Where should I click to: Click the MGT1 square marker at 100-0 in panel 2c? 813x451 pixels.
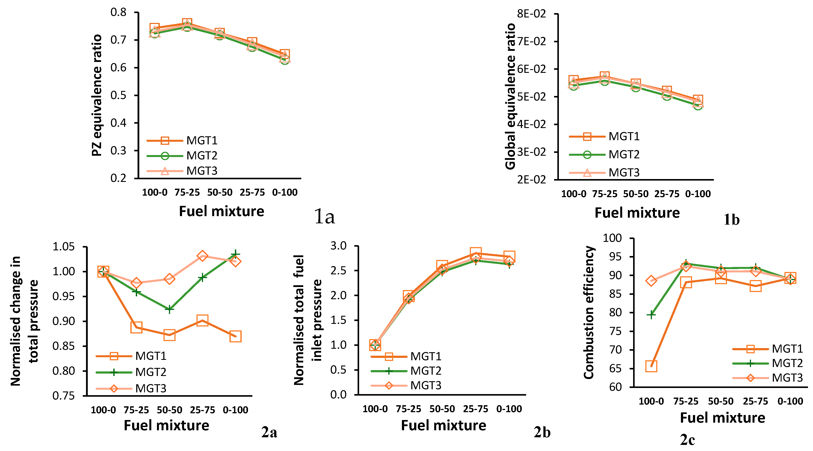coord(651,366)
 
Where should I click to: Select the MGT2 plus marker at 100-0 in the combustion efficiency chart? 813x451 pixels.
coord(651,314)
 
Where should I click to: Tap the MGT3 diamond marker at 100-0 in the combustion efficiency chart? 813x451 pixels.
coord(651,280)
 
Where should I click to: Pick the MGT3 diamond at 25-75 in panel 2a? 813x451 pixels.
coord(202,256)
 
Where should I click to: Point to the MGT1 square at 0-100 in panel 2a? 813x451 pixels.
coord(235,336)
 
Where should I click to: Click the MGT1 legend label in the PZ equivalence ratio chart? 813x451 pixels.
coord(202,141)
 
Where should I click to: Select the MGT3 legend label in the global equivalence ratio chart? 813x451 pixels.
coord(624,173)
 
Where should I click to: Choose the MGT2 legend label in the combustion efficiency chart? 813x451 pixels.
coord(787,363)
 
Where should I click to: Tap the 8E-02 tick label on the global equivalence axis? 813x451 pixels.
coord(531,14)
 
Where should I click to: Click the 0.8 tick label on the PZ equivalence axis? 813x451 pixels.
coord(118,13)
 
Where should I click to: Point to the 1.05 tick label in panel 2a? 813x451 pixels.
coord(64,247)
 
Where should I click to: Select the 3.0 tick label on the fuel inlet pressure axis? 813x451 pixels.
coord(338,246)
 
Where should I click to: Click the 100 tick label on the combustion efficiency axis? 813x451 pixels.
coord(612,238)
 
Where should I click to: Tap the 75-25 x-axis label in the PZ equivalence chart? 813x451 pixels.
coord(187,192)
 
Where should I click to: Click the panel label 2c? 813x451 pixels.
coord(687,440)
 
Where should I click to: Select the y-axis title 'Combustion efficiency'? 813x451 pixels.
coord(589,312)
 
